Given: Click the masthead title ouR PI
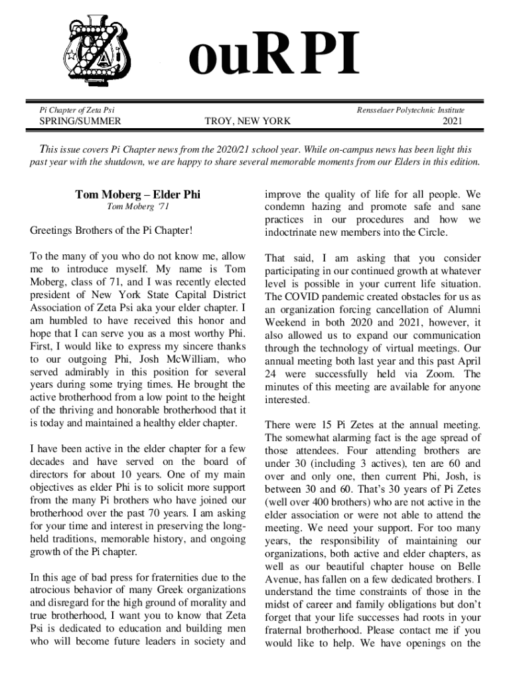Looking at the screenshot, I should [274, 56].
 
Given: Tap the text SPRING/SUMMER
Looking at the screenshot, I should [80, 122].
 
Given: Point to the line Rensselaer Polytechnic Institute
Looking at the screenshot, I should [411, 110].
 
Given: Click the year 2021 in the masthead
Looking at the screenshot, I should [453, 122].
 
